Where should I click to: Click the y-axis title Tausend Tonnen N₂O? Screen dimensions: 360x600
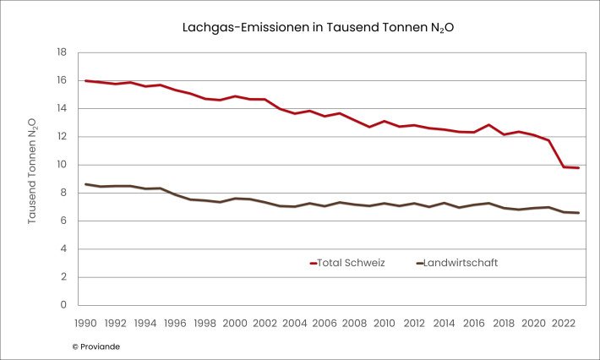(32, 171)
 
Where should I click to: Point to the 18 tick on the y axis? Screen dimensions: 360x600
(62, 52)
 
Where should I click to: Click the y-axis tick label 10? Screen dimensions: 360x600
(62, 165)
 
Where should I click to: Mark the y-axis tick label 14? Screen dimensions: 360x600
(62, 108)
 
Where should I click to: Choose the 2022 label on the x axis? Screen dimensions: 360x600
(564, 323)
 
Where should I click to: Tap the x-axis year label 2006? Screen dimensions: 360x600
(325, 323)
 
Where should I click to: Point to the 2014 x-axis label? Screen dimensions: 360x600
(445, 323)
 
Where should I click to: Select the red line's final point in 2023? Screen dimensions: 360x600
(578, 168)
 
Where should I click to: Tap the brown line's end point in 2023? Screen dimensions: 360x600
(578, 213)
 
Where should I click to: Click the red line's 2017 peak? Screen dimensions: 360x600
(488, 125)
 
